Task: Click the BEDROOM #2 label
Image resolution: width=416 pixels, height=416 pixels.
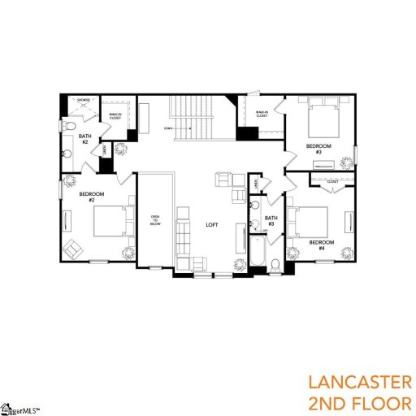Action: (x=89, y=197)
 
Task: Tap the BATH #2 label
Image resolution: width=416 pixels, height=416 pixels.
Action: (x=83, y=139)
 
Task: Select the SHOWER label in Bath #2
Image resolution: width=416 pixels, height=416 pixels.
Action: (x=84, y=101)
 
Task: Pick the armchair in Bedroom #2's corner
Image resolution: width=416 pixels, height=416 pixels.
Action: (x=72, y=249)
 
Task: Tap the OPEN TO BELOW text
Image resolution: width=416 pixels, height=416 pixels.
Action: (x=155, y=221)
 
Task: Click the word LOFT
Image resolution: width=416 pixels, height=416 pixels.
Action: (x=211, y=224)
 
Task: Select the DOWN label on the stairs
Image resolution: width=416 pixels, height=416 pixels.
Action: (x=167, y=129)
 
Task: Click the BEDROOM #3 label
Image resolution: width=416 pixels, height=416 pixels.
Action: (x=314, y=148)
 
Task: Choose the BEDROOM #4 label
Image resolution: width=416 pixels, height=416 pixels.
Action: (x=321, y=243)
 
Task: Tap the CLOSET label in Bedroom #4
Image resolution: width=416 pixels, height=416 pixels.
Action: (x=332, y=182)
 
